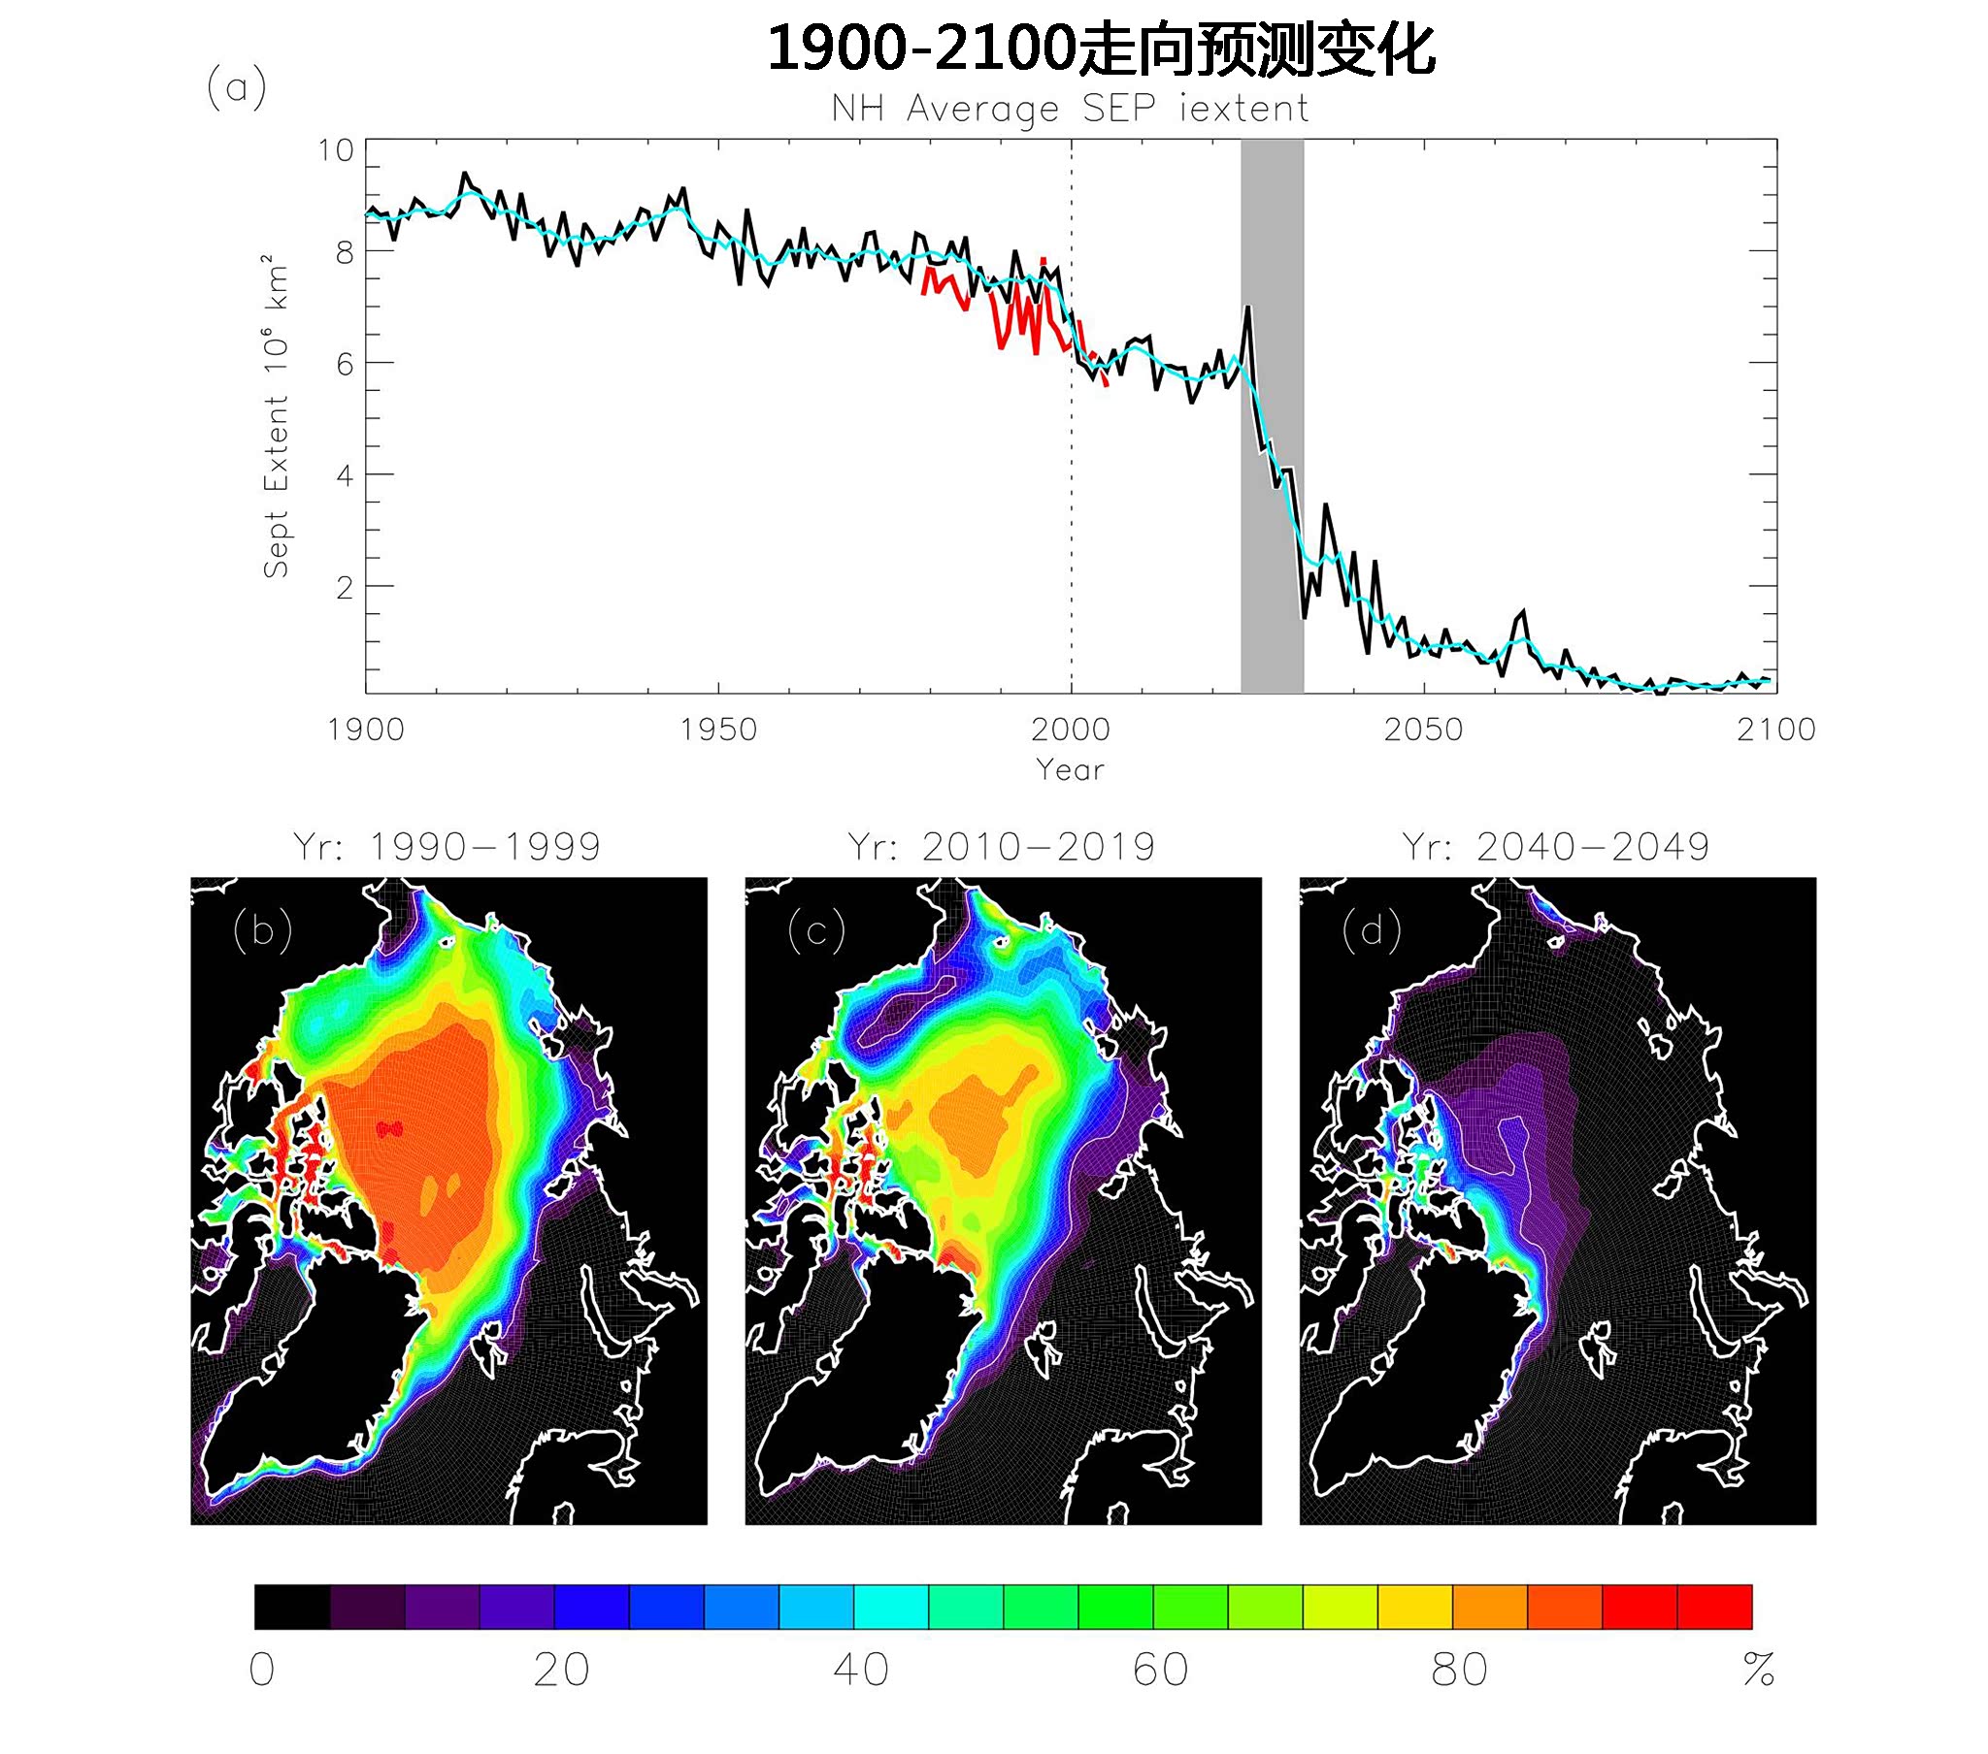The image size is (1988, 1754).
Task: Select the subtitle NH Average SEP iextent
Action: [1070, 109]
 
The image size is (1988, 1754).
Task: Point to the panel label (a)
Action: [236, 87]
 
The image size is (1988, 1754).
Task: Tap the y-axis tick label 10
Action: [336, 150]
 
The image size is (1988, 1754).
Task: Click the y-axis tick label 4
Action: [345, 475]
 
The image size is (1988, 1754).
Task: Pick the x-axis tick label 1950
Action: [717, 730]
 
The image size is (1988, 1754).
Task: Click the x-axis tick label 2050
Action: [1423, 730]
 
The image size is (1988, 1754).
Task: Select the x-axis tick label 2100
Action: [1776, 730]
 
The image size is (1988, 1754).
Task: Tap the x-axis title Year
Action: [1070, 770]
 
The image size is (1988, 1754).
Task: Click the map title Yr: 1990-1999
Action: [447, 847]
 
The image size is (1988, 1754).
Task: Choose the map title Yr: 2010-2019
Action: [1002, 847]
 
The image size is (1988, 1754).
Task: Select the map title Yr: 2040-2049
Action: [1556, 847]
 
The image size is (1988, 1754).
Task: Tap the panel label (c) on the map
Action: [816, 930]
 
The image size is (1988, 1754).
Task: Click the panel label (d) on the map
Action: [1372, 930]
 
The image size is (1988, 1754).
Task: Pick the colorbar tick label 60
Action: [1160, 1670]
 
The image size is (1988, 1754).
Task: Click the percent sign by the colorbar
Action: [1759, 1670]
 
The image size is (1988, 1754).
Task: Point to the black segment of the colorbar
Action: [292, 1607]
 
